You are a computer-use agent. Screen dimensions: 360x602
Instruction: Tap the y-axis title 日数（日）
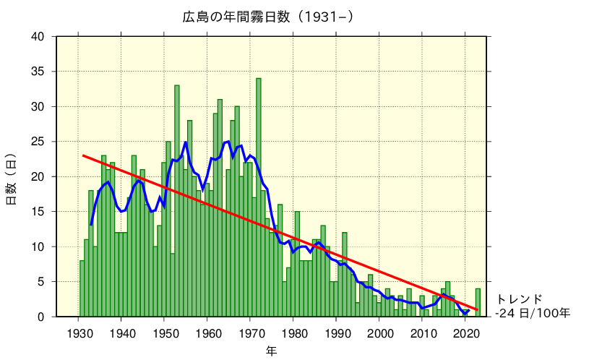tap(12, 177)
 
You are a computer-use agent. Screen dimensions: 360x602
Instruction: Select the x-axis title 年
tap(271, 351)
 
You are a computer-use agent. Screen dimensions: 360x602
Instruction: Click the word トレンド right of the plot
tap(519, 299)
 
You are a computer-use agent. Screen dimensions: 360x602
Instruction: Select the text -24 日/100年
tap(533, 313)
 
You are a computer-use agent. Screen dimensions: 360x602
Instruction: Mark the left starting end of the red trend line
tap(83, 155)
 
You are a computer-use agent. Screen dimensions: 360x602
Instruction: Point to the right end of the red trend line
tap(477, 309)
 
